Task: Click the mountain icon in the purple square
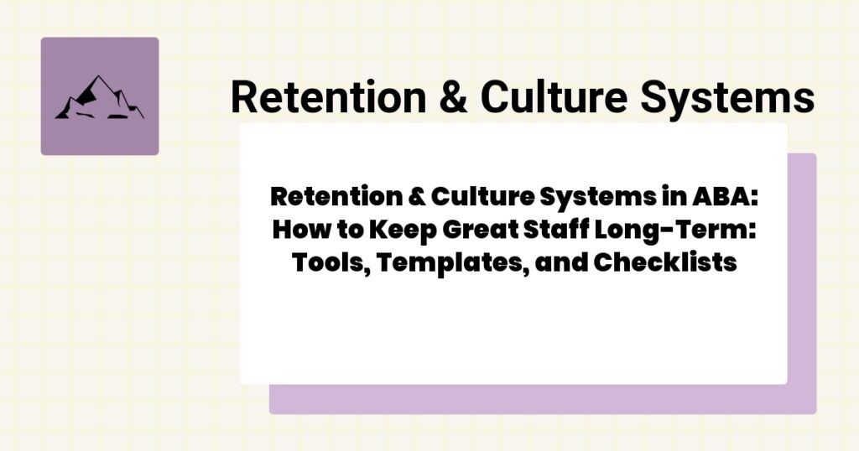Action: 99,97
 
